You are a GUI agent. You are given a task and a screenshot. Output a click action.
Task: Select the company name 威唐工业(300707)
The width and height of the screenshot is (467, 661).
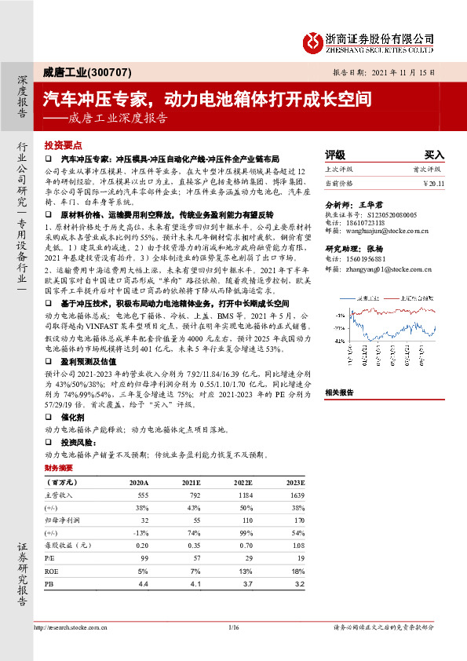click(x=78, y=71)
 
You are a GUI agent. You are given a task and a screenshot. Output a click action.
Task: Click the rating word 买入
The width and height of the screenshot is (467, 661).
click(x=434, y=155)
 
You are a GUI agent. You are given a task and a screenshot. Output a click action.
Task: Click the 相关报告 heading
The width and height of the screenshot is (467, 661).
click(x=340, y=392)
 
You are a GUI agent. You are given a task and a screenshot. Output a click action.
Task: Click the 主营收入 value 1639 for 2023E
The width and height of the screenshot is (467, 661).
click(x=296, y=495)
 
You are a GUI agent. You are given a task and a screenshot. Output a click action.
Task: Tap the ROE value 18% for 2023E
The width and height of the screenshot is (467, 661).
click(x=297, y=572)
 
